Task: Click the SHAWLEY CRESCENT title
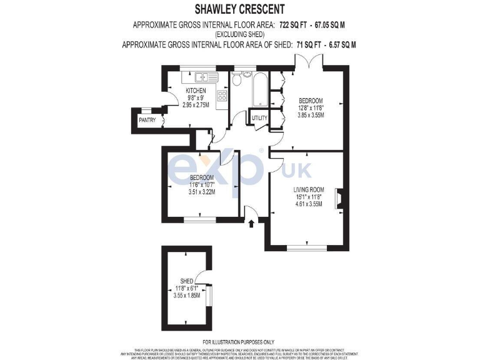point(239,9)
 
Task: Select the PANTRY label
point(147,119)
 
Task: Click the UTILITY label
point(259,117)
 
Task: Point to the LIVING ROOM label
point(309,189)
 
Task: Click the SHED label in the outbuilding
point(187,281)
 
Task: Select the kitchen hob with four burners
point(221,96)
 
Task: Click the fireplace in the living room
point(337,197)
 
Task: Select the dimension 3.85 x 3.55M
point(311,115)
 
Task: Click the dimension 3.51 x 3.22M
point(202,192)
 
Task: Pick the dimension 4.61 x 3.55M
point(309,204)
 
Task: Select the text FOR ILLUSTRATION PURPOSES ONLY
point(239,341)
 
